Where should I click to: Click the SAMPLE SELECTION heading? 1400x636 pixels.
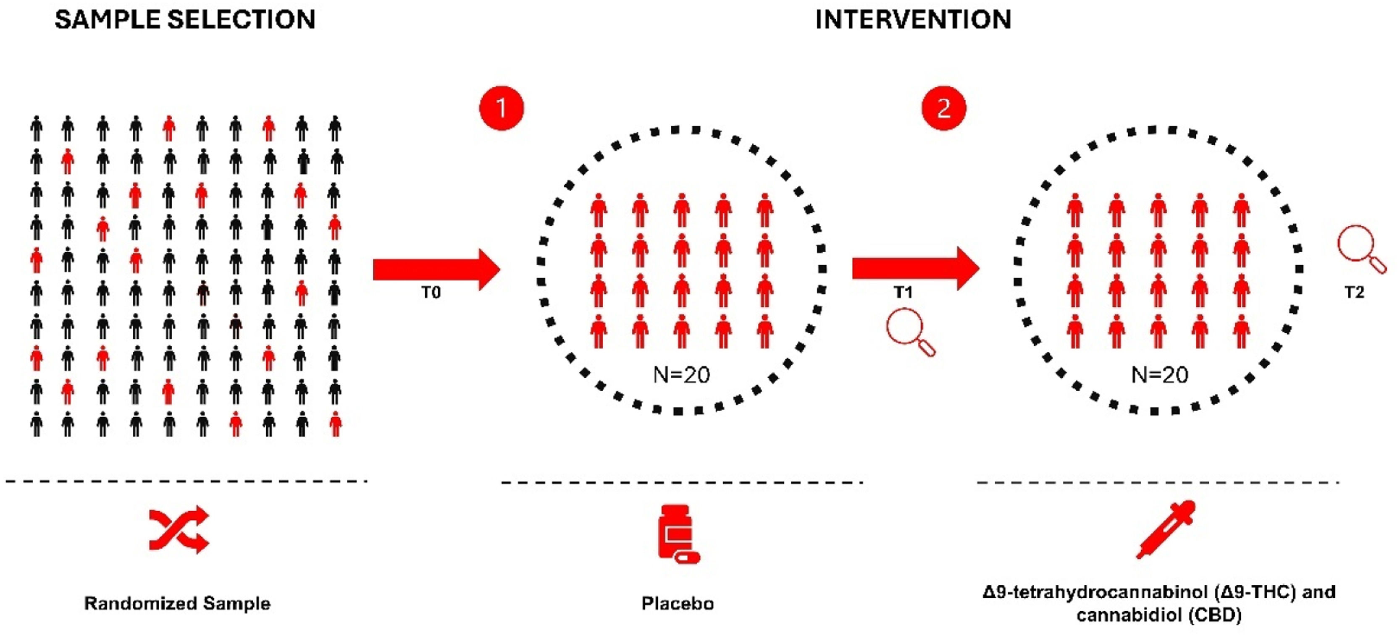pyautogui.click(x=185, y=20)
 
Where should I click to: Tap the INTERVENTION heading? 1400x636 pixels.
pyautogui.click(x=913, y=20)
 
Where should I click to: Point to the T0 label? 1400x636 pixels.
pyautogui.click(x=431, y=293)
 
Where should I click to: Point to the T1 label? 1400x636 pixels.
pyautogui.click(x=903, y=293)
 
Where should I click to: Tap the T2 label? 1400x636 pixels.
pyautogui.click(x=1354, y=293)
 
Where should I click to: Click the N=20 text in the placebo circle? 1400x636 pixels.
pyautogui.click(x=682, y=375)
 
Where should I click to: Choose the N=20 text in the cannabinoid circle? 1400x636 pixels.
pyautogui.click(x=1160, y=375)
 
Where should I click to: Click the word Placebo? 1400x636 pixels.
pyautogui.click(x=677, y=603)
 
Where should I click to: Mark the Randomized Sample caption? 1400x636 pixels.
pyautogui.click(x=177, y=603)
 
